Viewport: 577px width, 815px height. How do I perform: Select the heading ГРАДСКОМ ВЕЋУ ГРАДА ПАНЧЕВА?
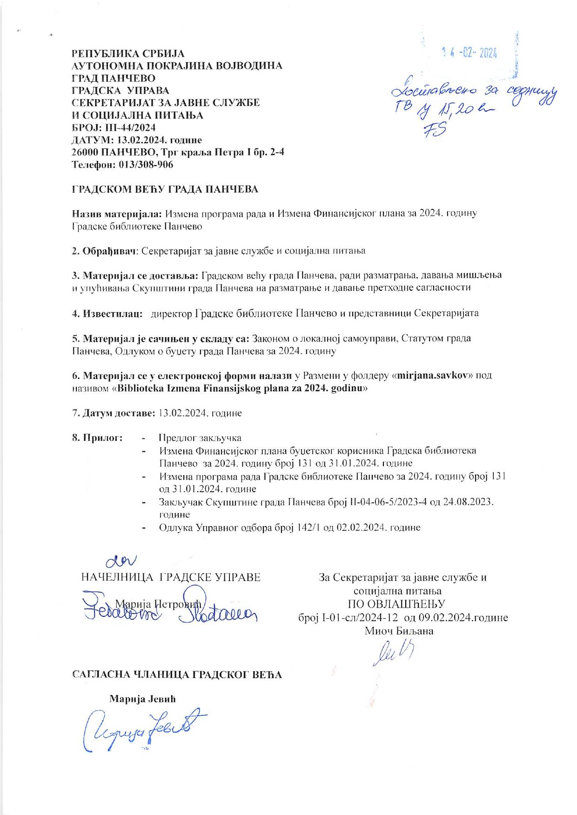[x=165, y=189]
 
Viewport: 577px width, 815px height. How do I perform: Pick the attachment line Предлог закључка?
[x=200, y=438]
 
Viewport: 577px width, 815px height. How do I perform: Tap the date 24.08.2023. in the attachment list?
[x=469, y=502]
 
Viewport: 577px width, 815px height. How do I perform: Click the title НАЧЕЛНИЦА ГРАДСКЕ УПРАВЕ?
[x=171, y=578]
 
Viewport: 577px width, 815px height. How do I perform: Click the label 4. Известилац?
[x=107, y=313]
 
